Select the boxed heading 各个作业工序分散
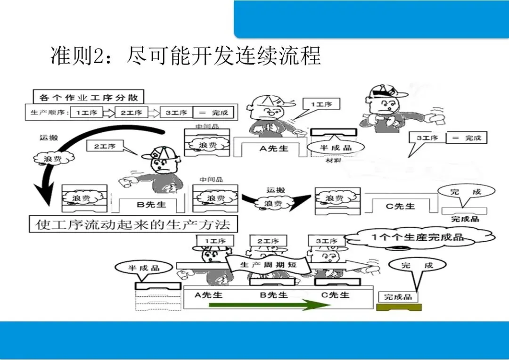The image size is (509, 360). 89,97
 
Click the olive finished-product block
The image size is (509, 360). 399,307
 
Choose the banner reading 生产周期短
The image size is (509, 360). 268,265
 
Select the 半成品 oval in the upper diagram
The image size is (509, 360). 336,147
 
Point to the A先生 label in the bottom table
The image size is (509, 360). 208,295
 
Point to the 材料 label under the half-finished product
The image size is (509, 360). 334,161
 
